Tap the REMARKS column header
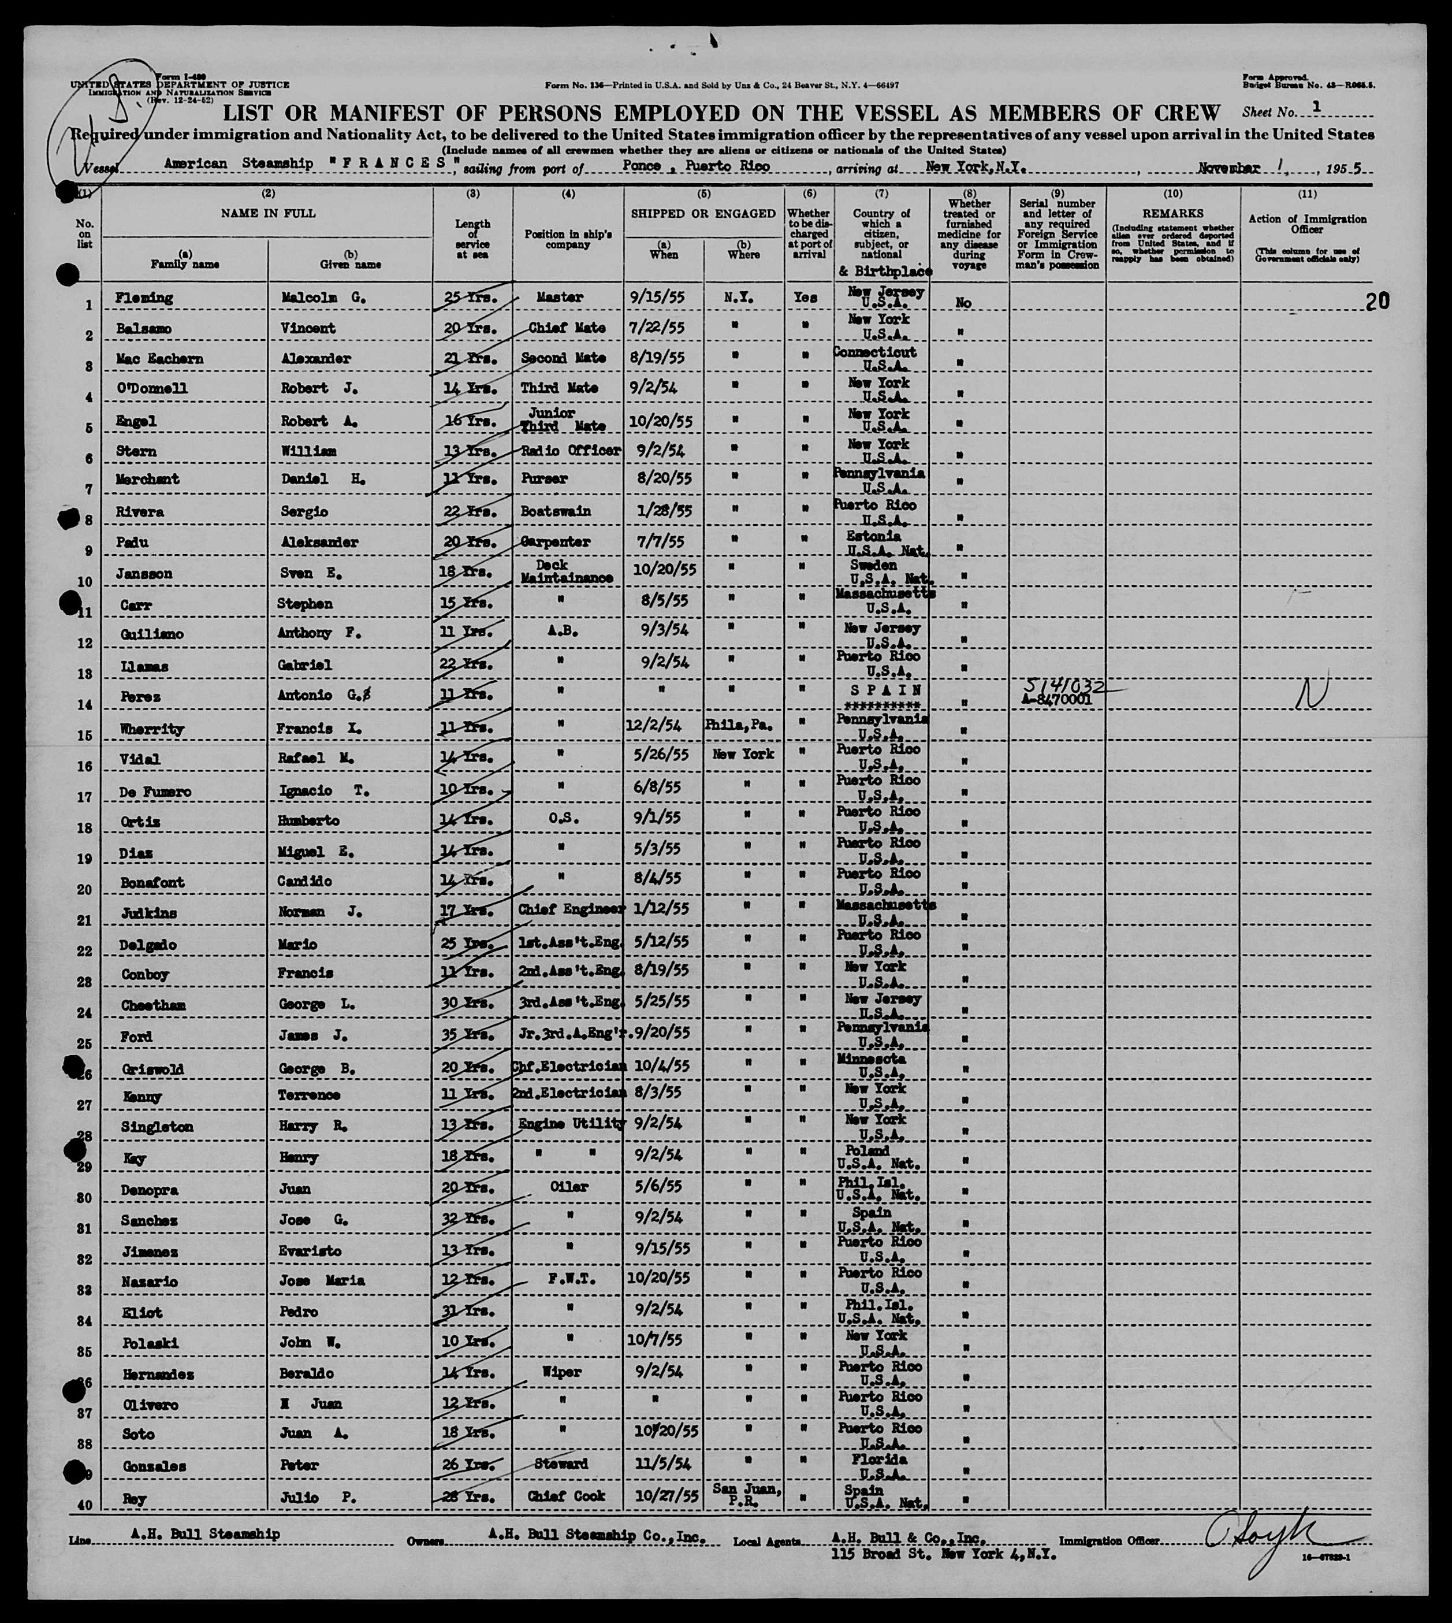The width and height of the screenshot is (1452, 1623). point(1172,214)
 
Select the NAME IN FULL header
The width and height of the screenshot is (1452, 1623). point(267,213)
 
